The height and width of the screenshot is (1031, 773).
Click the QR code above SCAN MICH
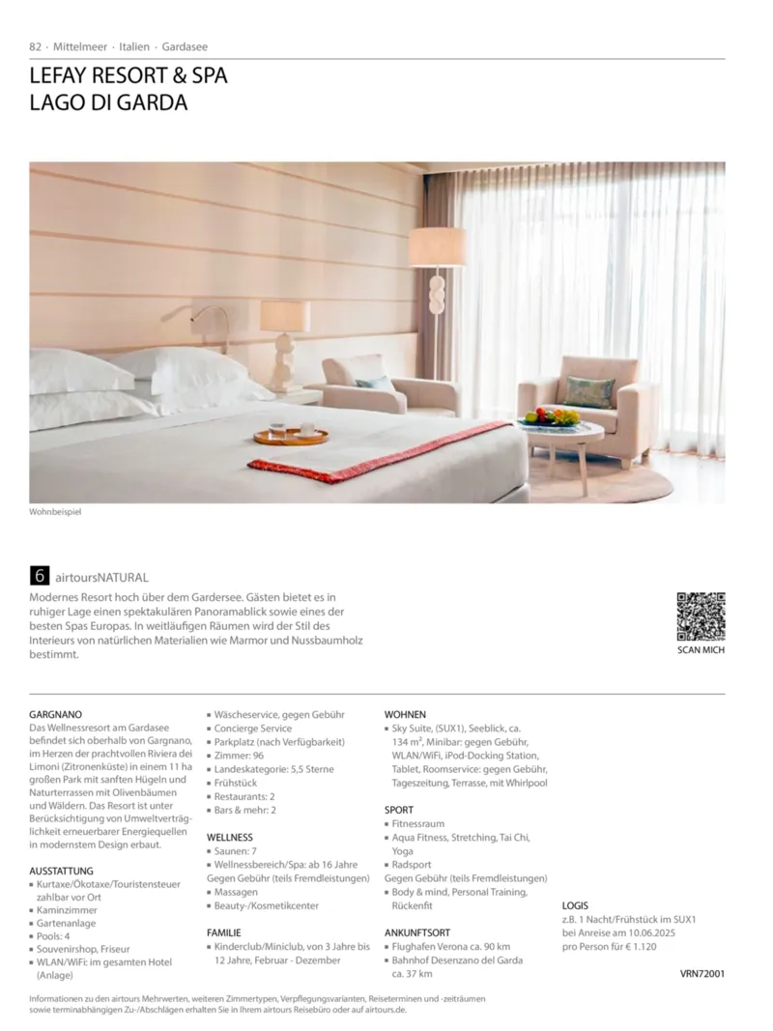pyautogui.click(x=701, y=616)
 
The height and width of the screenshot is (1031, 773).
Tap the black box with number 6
pyautogui.click(x=40, y=576)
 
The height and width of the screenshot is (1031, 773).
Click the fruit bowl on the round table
pyautogui.click(x=551, y=417)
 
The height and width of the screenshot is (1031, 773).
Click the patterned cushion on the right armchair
pyautogui.click(x=588, y=391)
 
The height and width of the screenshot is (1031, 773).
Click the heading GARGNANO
pyautogui.click(x=57, y=714)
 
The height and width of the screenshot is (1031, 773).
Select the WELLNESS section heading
pyautogui.click(x=230, y=837)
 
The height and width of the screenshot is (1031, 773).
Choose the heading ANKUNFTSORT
pyautogui.click(x=417, y=932)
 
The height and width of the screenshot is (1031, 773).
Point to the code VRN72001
pyautogui.click(x=702, y=974)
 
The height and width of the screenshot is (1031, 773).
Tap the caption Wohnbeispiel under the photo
pyautogui.click(x=55, y=511)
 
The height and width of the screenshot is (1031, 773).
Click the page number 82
pyautogui.click(x=36, y=46)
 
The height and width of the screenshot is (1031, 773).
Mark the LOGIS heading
pyautogui.click(x=575, y=905)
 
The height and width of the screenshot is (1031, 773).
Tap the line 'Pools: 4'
pyautogui.click(x=59, y=936)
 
